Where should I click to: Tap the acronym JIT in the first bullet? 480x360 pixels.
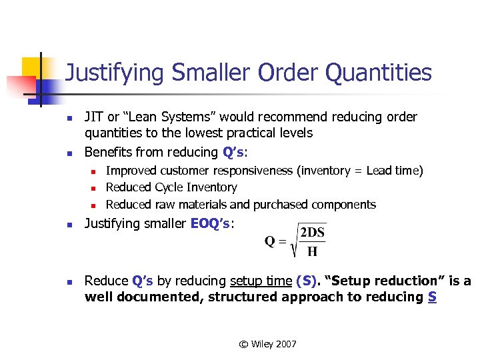[93, 117]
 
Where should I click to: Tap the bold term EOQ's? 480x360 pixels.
[211, 224]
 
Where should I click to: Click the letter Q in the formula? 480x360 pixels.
[271, 241]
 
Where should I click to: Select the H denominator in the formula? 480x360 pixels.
[313, 252]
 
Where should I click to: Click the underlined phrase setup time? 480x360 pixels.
[261, 281]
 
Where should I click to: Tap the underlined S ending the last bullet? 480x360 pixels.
[433, 297]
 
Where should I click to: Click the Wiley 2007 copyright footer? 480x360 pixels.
[268, 344]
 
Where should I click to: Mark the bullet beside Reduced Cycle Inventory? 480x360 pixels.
[95, 188]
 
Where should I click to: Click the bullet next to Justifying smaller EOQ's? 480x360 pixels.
[68, 225]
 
